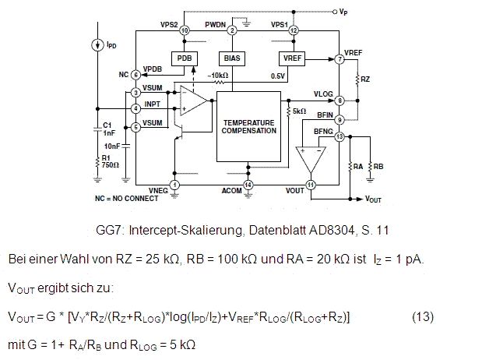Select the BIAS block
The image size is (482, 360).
click(232, 58)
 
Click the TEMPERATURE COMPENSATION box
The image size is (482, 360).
click(248, 126)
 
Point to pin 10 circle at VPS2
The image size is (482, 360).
click(185, 30)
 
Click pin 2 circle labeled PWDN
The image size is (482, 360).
click(232, 30)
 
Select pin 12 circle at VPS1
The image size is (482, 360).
click(294, 30)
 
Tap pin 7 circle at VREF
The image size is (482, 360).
click(340, 59)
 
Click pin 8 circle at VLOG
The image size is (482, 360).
click(340, 100)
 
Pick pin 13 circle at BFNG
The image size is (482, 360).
click(340, 137)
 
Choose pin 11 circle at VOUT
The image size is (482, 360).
click(311, 185)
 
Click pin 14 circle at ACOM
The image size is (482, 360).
click(248, 185)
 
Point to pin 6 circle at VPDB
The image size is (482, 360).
click(135, 75)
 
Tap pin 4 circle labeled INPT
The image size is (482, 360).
click(135, 108)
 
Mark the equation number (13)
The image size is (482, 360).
click(422, 317)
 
